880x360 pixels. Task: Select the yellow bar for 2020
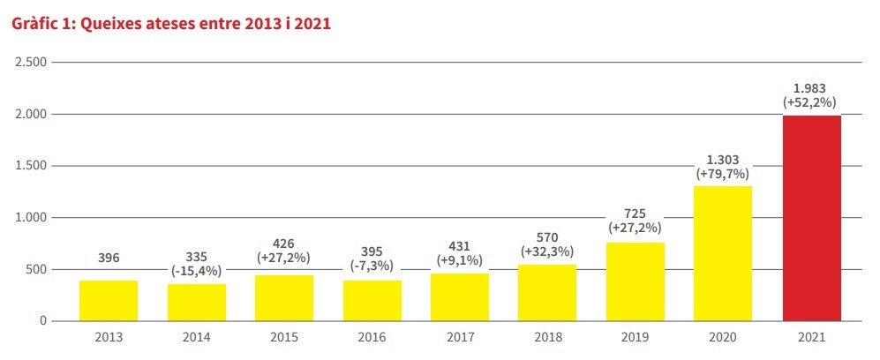pos(723,253)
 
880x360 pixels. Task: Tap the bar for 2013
pos(109,300)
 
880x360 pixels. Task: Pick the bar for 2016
pos(372,300)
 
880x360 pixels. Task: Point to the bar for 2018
pos(547,292)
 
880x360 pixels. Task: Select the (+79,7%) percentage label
pos(722,175)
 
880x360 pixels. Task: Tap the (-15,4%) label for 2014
pos(196,271)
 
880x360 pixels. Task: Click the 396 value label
pos(109,259)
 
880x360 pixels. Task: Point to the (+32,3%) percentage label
pos(547,251)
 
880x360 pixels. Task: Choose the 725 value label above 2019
pos(635,213)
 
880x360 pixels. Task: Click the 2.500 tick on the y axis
pos(30,63)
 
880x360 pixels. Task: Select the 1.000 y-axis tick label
pos(30,218)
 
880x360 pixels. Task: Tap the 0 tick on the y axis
pos(42,321)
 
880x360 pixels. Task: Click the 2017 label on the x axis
pos(459,337)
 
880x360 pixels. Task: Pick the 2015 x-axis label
pos(283,337)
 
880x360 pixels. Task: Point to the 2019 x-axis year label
pos(635,337)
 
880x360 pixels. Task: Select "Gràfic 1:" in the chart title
pos(42,25)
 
